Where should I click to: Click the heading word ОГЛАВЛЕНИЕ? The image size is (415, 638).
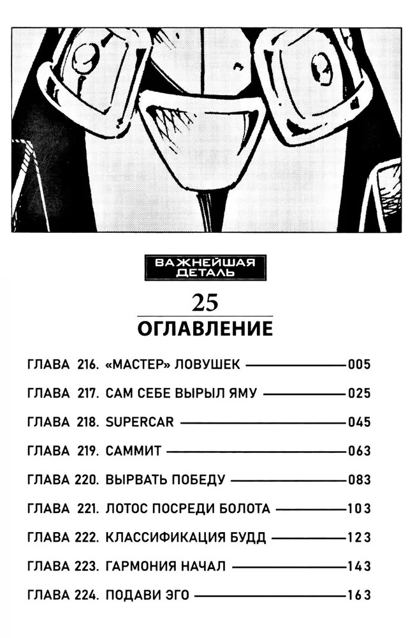[x=205, y=329]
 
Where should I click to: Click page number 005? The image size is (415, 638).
[x=359, y=366]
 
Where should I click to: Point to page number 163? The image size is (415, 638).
[x=359, y=596]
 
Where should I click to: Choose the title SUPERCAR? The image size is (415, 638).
[x=139, y=423]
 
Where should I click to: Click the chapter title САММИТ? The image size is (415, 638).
[x=133, y=452]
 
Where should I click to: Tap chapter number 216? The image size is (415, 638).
[x=87, y=366]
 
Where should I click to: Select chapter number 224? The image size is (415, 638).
[x=87, y=596]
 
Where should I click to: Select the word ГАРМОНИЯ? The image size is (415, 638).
[x=138, y=567]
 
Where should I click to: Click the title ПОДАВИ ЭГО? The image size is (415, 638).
[x=147, y=596]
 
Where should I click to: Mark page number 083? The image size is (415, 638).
[x=359, y=480]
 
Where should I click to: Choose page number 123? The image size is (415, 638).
[x=359, y=538]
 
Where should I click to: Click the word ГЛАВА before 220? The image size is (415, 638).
[x=49, y=480]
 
